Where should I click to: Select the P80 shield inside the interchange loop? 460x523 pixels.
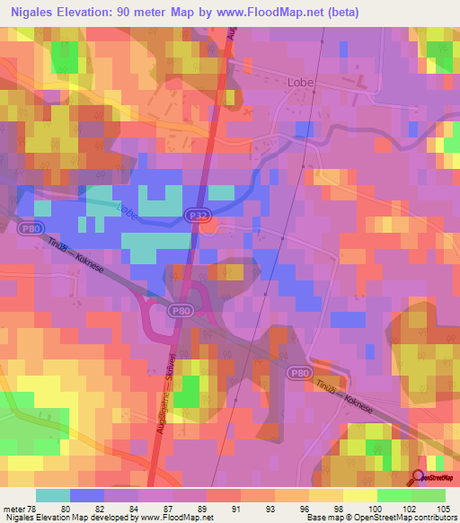click(x=180, y=309)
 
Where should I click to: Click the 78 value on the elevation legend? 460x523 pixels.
click(x=37, y=508)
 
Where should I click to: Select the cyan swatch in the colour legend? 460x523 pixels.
click(x=53, y=495)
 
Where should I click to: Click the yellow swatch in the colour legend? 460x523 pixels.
click(x=359, y=495)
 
